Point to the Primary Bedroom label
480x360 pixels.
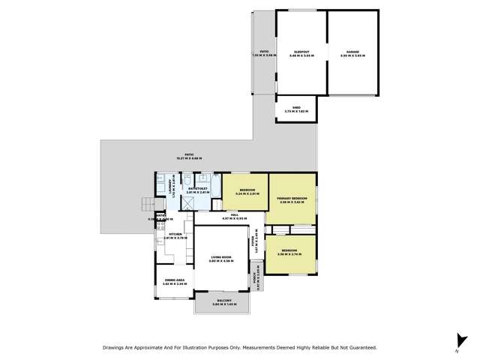(x=292, y=199)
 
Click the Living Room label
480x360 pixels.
(x=221, y=259)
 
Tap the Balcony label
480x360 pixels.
(x=224, y=302)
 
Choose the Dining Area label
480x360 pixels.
(x=174, y=282)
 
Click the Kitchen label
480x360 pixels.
(x=173, y=235)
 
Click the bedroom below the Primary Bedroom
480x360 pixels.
(x=289, y=253)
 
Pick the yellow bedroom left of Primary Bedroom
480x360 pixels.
(x=244, y=191)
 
